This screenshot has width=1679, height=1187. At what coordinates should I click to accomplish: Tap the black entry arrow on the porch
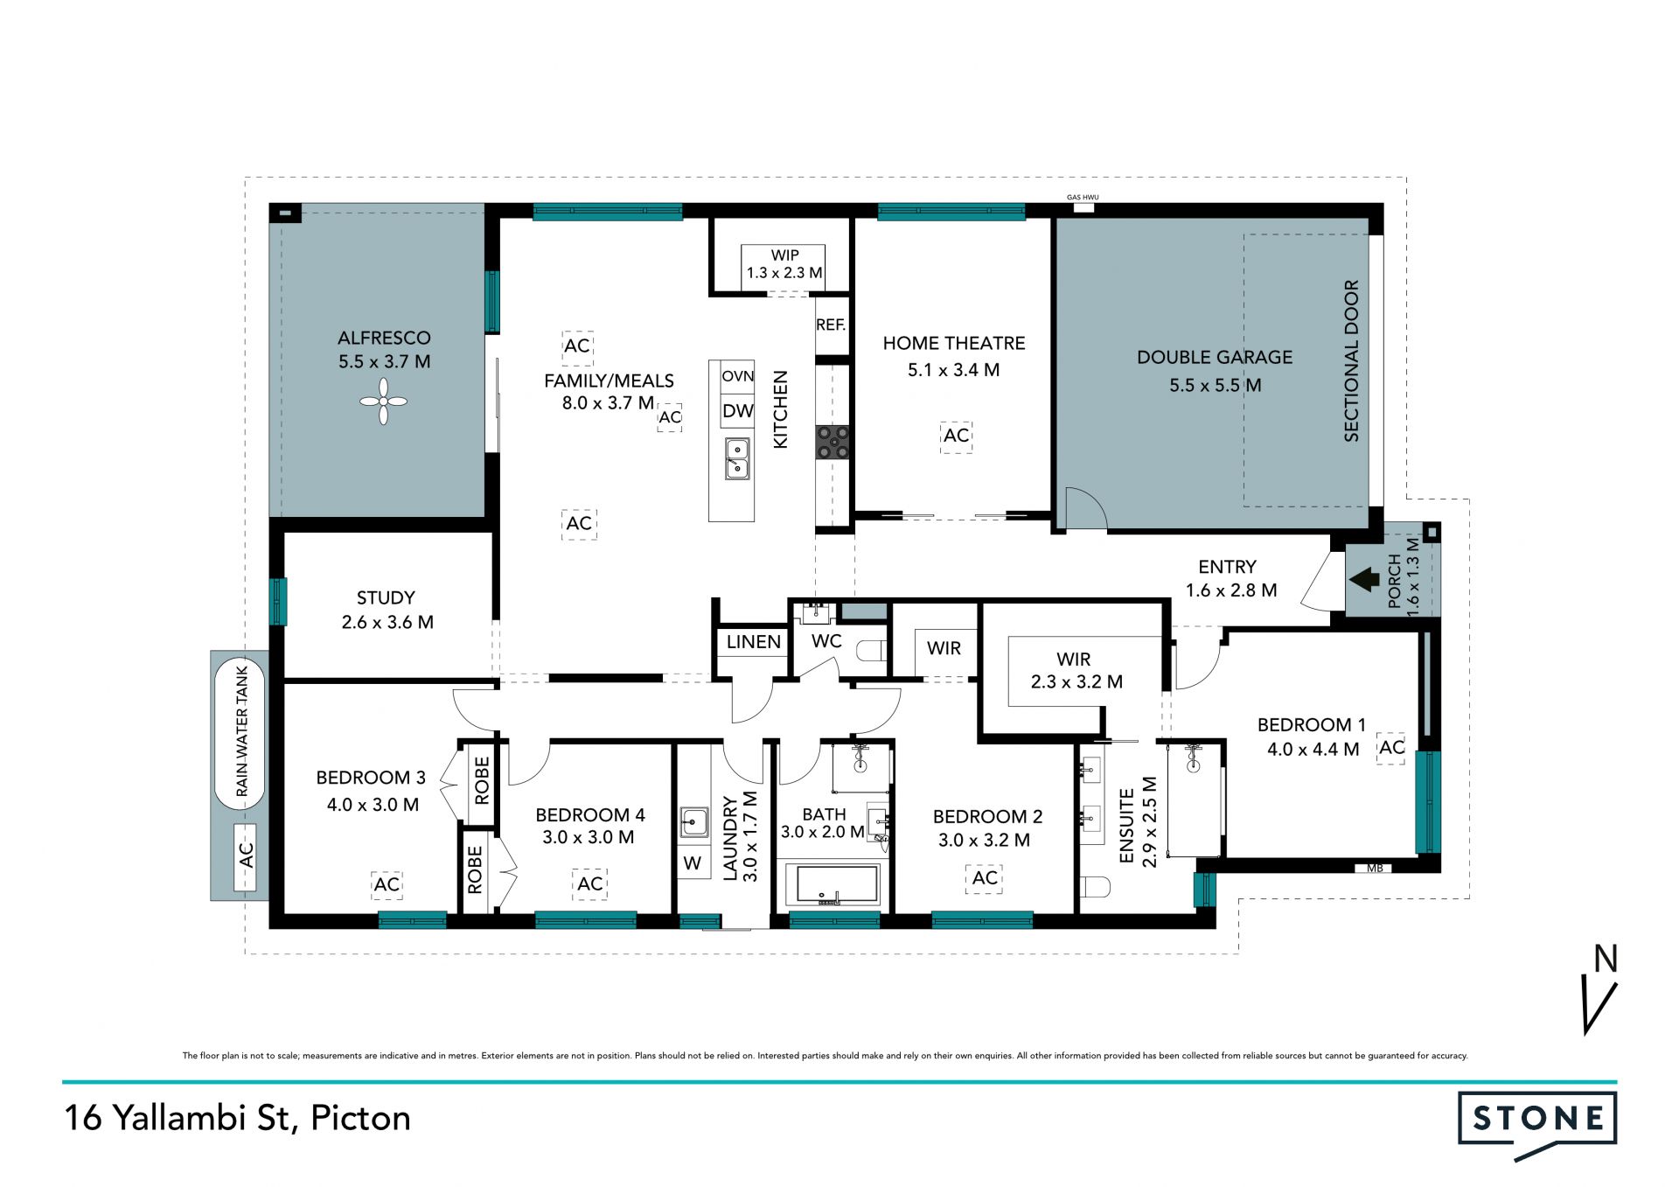click(x=1364, y=579)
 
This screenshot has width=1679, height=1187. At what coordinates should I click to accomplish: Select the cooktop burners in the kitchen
click(x=833, y=442)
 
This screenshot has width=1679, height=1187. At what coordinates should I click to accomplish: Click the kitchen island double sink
click(x=737, y=458)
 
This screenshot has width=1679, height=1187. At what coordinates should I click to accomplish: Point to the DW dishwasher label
click(x=738, y=411)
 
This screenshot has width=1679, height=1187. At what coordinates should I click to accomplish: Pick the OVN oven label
click(x=738, y=376)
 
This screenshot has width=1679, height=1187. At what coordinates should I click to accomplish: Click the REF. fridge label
click(x=831, y=325)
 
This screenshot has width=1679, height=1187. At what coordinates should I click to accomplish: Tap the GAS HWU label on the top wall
click(x=1083, y=198)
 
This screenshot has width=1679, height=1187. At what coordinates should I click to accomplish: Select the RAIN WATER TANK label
click(x=242, y=732)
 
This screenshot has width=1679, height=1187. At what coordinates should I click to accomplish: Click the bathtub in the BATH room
click(x=833, y=884)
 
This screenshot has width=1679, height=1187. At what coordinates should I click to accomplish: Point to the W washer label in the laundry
click(x=693, y=863)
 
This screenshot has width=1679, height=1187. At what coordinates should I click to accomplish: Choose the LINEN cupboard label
click(x=754, y=642)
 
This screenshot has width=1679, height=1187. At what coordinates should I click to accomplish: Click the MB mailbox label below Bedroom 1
click(x=1375, y=869)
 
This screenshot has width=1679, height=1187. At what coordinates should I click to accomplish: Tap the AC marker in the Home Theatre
click(x=956, y=436)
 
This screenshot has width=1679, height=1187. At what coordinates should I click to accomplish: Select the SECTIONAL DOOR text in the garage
click(x=1351, y=360)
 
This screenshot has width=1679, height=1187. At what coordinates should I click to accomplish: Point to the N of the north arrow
click(x=1606, y=959)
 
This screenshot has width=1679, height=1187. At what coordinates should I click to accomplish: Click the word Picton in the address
click(x=361, y=1119)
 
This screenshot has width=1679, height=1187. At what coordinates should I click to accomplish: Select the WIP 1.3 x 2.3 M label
click(x=784, y=264)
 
